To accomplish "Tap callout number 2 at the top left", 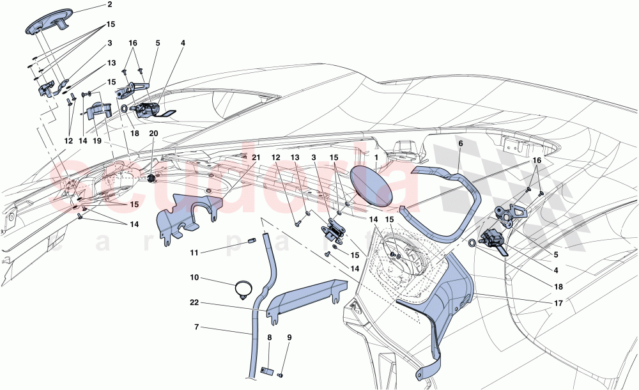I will (109, 5).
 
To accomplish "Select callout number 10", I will (194, 278).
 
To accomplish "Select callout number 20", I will (153, 133).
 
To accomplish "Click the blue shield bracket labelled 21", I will (181, 214).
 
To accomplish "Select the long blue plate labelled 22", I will (304, 297).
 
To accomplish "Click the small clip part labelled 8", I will (269, 370).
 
